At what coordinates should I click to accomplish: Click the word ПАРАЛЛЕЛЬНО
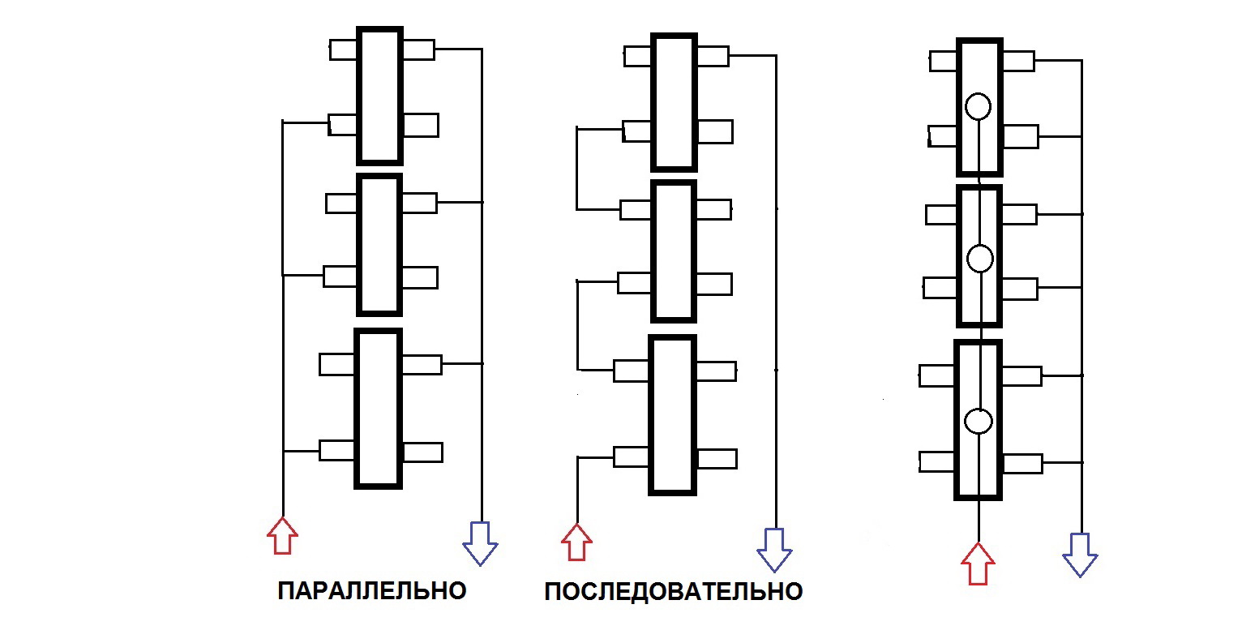[x=372, y=590]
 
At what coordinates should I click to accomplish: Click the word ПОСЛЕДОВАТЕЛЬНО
[x=673, y=592]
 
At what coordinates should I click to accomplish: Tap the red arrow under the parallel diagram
[x=282, y=536]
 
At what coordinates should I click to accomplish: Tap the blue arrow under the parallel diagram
[x=480, y=542]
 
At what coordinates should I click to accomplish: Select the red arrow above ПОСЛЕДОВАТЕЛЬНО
[x=576, y=542]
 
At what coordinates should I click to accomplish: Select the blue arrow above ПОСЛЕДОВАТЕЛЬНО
[x=774, y=549]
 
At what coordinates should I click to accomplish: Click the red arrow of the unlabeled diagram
[x=978, y=564]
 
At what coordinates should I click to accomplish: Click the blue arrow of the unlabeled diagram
[x=1080, y=555]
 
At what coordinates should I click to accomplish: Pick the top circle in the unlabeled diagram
[x=979, y=106]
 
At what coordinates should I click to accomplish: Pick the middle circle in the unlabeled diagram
[x=980, y=259]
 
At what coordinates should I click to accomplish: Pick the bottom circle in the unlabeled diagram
[x=979, y=421]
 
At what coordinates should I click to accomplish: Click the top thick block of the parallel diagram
[x=379, y=96]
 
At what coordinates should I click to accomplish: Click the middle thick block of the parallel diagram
[x=379, y=244]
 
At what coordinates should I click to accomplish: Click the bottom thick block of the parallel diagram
[x=379, y=408]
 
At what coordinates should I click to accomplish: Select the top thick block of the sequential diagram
[x=674, y=101]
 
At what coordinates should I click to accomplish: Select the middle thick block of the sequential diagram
[x=674, y=251]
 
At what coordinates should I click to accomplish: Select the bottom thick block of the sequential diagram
[x=673, y=414]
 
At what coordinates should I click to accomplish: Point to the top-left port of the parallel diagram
[x=343, y=49]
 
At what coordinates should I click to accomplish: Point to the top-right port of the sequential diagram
[x=713, y=56]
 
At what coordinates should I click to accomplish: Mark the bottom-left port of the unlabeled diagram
[x=937, y=461]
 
